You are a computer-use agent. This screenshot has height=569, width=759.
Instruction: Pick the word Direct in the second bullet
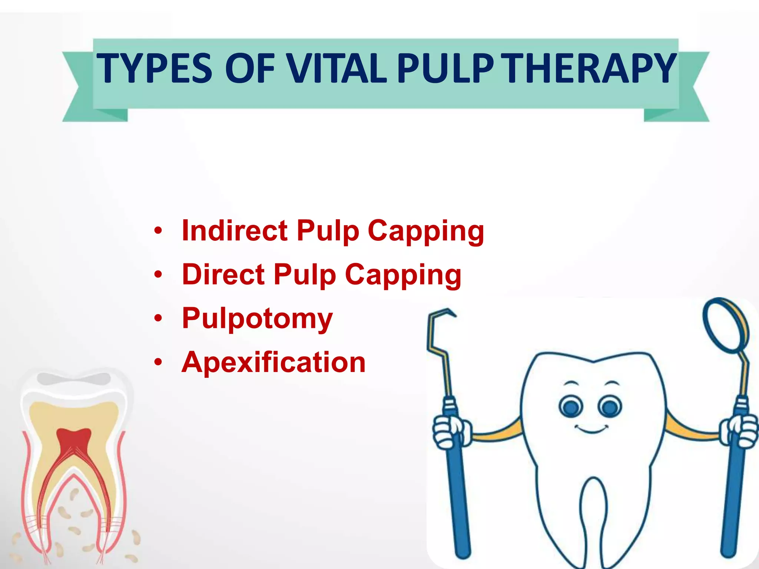coord(223,274)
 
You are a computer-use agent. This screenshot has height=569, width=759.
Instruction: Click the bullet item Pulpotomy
coord(257,319)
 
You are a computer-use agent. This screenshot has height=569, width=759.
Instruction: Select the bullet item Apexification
coord(274,362)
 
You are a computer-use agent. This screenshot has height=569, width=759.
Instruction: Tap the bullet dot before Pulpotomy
coord(158,318)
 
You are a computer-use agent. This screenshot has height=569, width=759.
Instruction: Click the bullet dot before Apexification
coord(158,362)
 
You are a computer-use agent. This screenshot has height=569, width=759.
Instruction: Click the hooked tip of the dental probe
coord(445,313)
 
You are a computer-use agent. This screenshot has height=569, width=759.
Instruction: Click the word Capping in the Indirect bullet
coord(426,232)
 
